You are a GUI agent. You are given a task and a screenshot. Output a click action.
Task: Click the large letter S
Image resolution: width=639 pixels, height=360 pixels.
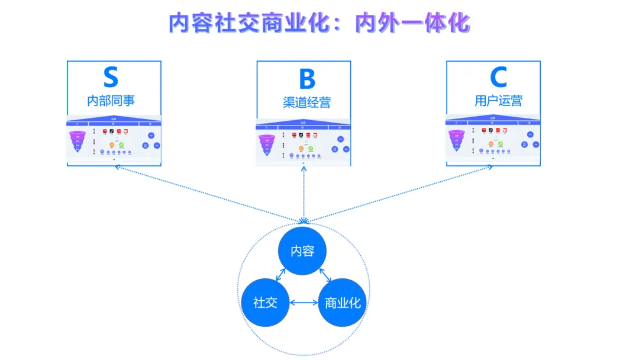point(111,78)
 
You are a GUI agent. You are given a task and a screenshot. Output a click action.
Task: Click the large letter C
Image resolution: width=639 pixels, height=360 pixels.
point(498,78)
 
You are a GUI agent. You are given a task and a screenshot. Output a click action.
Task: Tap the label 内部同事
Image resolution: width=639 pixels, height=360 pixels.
point(111,101)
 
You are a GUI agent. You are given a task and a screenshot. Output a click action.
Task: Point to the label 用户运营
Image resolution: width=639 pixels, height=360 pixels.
point(498,101)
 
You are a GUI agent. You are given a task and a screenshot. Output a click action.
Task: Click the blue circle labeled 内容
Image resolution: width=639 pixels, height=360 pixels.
point(302,251)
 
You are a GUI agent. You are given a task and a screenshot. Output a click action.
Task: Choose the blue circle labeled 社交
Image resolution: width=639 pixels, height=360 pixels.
point(265,303)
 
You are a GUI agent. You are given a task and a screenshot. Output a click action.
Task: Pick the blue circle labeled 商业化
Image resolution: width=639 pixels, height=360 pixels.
point(343,303)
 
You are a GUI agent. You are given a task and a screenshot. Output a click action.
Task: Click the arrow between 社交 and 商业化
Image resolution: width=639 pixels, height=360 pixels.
point(304,303)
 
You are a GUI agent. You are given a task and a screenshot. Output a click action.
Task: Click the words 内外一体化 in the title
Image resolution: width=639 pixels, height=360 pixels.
point(412,24)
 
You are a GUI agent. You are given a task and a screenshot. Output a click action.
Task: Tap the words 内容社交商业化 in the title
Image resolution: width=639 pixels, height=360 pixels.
point(249,24)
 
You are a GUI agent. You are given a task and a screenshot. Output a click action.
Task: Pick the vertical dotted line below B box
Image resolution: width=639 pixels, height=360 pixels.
point(304,195)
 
